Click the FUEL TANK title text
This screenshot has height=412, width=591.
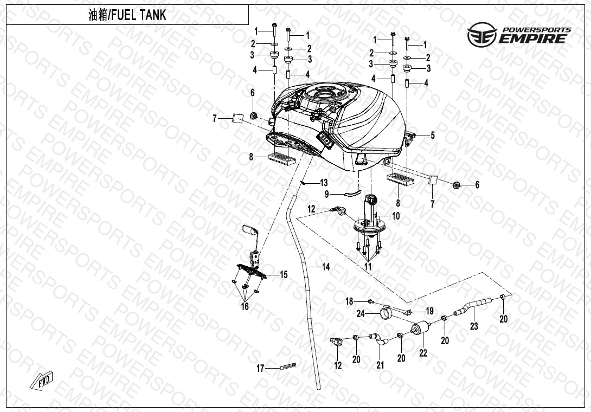click(127, 15)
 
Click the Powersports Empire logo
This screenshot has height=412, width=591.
click(519, 35)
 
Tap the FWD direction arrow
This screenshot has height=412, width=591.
click(41, 380)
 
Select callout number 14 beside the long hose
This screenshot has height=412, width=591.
click(326, 267)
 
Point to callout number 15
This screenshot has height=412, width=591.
click(284, 275)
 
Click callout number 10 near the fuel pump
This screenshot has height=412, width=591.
click(396, 216)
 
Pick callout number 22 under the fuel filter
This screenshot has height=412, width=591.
click(423, 353)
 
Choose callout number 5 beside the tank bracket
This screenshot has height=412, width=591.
click(433, 135)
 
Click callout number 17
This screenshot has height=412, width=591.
click(260, 368)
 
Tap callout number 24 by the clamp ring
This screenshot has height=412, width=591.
click(361, 314)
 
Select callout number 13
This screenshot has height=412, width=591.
click(324, 183)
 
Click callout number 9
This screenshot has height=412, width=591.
click(327, 194)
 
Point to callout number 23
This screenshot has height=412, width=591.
click(474, 326)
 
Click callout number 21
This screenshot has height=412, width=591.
click(380, 364)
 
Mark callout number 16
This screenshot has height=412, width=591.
click(245, 306)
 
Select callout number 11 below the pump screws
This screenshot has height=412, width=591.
click(368, 267)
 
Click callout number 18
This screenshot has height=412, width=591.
click(350, 301)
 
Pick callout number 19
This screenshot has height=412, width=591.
click(429, 311)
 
